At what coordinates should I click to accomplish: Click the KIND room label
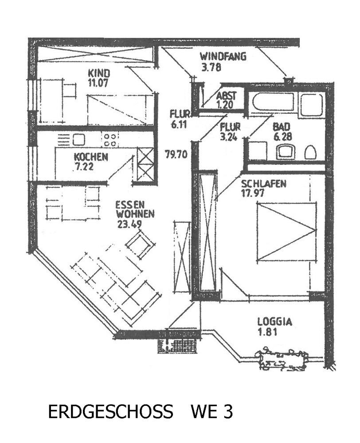tap(98, 73)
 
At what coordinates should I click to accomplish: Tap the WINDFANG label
tap(223, 57)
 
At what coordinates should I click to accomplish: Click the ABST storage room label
tap(226, 96)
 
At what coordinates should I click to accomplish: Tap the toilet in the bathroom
tap(310, 152)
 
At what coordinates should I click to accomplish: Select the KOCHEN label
tap(90, 156)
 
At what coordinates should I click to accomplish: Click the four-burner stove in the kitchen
tap(111, 140)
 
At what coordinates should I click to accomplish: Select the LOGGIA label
tap(274, 322)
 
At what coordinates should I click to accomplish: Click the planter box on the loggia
tap(282, 358)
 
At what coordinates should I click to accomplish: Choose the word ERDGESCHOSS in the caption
tap(110, 412)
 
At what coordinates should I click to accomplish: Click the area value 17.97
tap(256, 193)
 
